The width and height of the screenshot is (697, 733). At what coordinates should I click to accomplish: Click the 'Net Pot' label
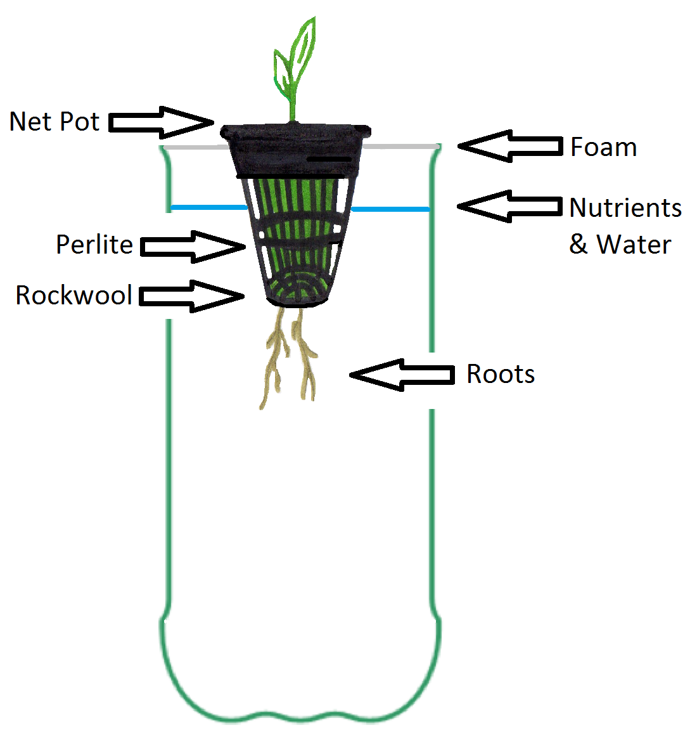(54, 121)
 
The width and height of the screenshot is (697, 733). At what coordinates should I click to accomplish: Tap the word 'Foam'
(603, 147)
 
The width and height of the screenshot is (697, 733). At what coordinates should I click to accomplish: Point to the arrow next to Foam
(510, 146)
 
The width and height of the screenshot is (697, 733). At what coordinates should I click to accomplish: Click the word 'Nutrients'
(625, 207)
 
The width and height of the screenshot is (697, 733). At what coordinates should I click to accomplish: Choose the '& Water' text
(620, 244)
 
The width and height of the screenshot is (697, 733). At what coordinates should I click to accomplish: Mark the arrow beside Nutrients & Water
(510, 206)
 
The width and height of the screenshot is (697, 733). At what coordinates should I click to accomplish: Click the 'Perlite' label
(94, 245)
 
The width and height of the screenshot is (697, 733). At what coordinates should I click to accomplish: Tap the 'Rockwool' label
(74, 295)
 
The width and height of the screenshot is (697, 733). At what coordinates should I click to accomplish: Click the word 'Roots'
(501, 374)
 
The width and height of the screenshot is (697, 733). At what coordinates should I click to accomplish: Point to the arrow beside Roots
(402, 375)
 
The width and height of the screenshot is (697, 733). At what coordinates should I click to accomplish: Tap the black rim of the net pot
(295, 132)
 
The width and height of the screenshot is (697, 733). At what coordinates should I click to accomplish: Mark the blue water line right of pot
(390, 209)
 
